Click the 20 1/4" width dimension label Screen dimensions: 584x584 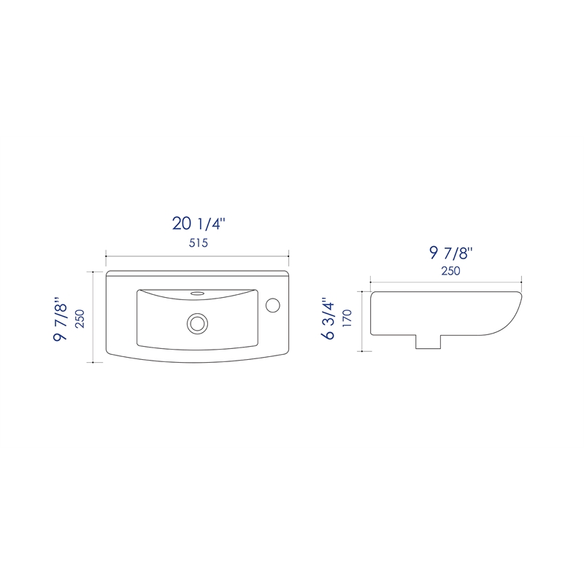(x=199, y=223)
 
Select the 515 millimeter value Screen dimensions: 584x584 (x=198, y=243)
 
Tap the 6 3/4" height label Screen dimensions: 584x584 (x=330, y=318)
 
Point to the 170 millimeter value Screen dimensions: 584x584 (x=347, y=318)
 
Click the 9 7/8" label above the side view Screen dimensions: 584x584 (x=450, y=253)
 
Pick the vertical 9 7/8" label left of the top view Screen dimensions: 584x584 (x=61, y=319)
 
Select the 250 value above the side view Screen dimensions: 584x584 (x=450, y=271)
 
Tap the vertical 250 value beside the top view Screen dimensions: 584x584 (x=80, y=318)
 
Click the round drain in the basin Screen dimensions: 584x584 (x=197, y=323)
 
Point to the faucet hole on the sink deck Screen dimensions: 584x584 (x=273, y=304)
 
